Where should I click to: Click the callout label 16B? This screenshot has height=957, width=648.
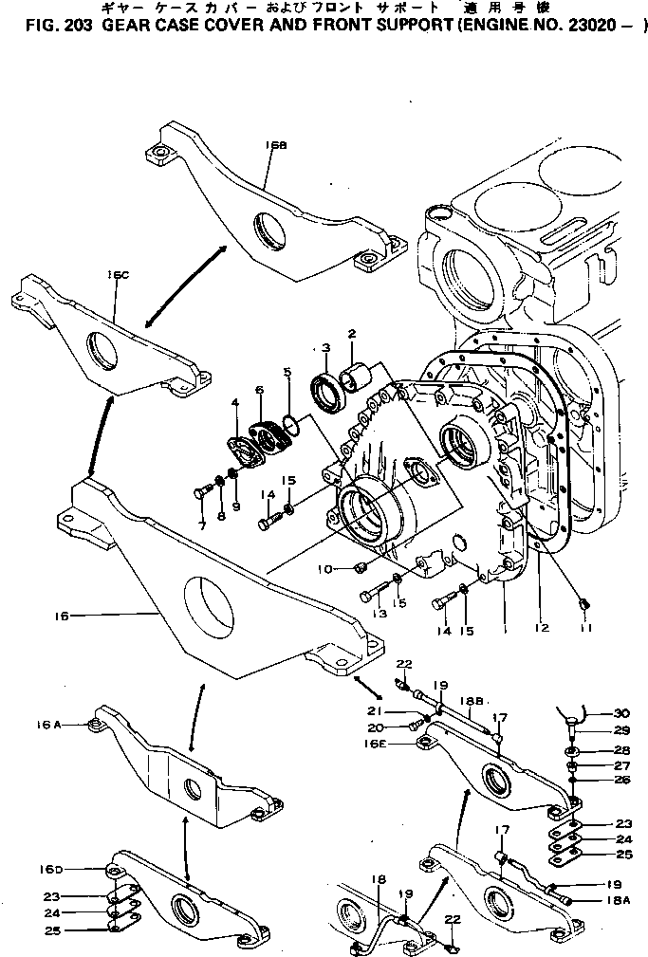[277, 145]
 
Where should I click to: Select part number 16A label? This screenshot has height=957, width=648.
[49, 724]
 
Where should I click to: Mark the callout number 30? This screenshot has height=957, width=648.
[620, 714]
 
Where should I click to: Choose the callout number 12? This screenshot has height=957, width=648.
[542, 627]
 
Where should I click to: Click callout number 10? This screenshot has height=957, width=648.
[324, 568]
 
